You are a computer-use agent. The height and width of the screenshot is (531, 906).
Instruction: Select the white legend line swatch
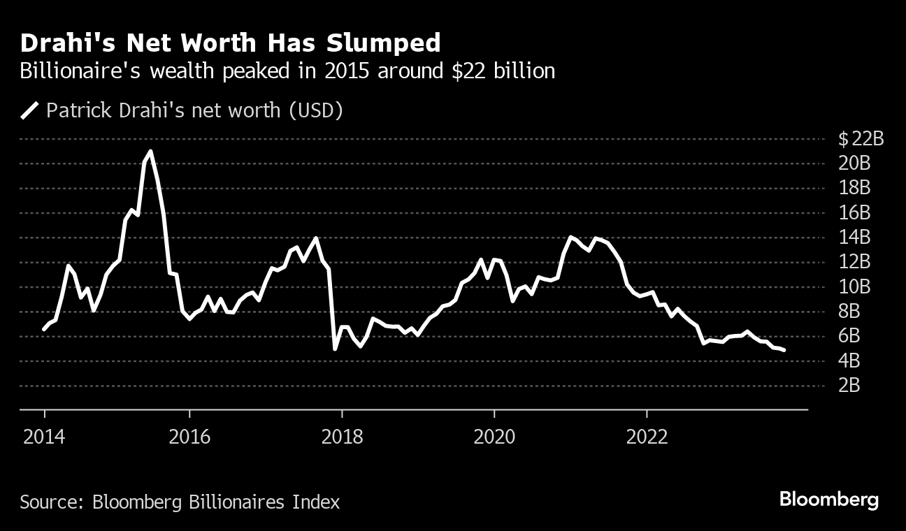pos(29,110)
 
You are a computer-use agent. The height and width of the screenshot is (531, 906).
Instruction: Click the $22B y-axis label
pos(861,139)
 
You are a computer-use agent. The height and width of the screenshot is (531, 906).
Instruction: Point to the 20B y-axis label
pos(854,163)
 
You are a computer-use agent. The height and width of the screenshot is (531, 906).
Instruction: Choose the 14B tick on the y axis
pos(854,238)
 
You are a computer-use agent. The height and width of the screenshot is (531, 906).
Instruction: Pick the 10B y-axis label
pos(854,287)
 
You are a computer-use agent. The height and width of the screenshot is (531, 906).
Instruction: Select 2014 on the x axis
pos(44,437)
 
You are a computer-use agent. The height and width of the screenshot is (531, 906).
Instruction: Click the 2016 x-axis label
pos(190,437)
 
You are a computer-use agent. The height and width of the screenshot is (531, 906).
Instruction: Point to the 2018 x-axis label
pos(342,437)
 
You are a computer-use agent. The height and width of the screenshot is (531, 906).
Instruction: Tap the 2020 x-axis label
pos(494,437)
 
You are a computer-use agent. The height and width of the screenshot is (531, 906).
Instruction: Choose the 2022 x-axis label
pos(647,437)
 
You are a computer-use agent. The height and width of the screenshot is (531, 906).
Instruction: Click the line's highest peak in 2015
pos(150,151)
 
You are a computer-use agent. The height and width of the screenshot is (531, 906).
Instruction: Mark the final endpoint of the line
pos(784,350)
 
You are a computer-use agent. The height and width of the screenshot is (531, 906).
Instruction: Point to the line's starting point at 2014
pos(44,329)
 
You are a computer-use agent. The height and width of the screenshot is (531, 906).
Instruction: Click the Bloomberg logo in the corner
pos(828,500)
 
